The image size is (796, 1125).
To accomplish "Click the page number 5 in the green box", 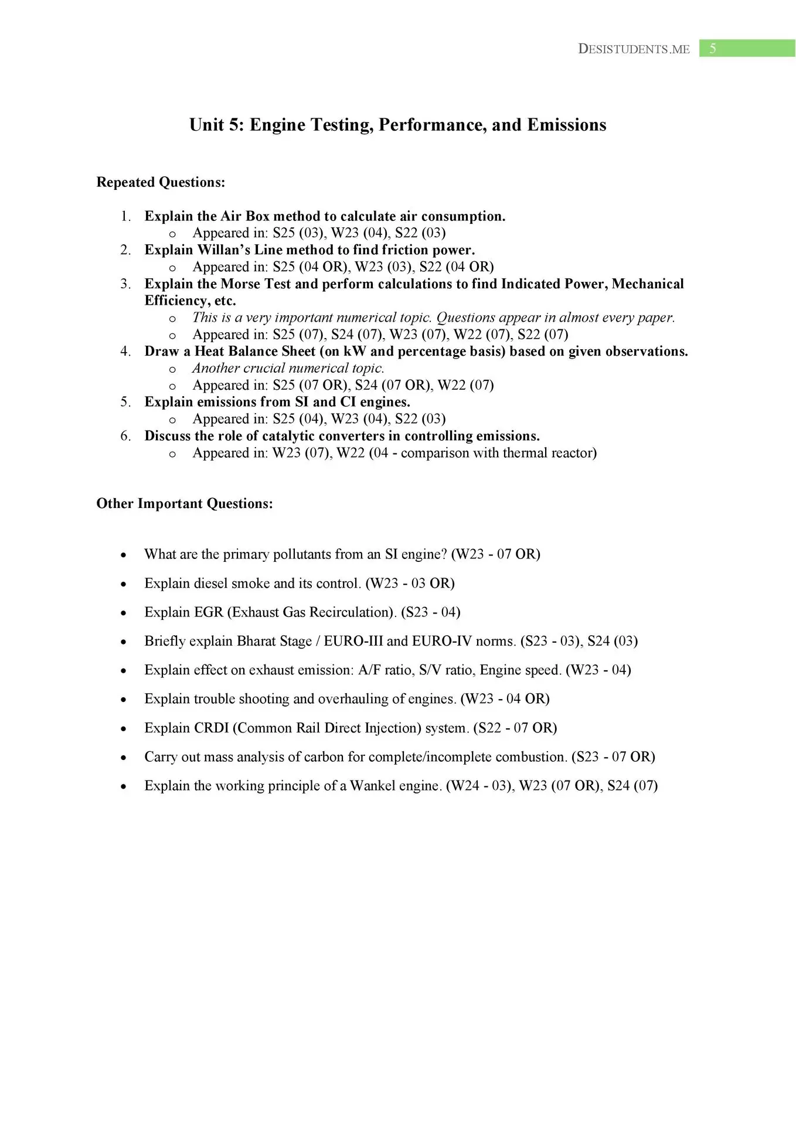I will [x=712, y=49].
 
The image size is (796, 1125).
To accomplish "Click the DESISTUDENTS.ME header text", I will [x=634, y=49].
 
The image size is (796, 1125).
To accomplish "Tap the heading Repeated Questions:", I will [x=161, y=182].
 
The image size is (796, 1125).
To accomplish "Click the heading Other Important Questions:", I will [x=185, y=504].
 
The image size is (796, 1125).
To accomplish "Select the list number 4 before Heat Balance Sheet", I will [x=125, y=352].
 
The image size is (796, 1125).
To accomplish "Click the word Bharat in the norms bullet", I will [x=256, y=641].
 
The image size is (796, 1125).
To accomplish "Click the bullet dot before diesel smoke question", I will [x=123, y=584].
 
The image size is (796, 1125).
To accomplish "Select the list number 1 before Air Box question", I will [x=125, y=217].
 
